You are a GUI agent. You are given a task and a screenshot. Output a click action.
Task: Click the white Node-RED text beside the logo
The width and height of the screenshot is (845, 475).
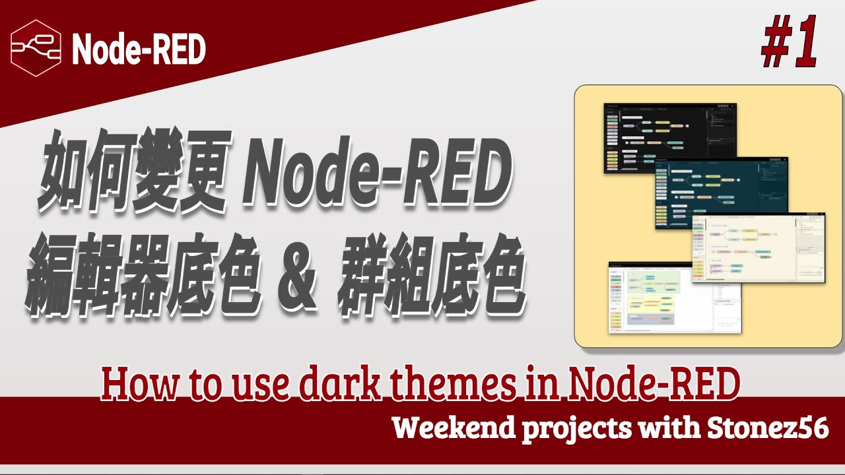(139, 49)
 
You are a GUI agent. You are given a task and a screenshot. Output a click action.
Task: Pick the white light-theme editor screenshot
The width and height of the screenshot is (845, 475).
(654, 300)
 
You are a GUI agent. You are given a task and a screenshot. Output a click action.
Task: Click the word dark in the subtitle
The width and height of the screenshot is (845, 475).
(344, 385)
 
